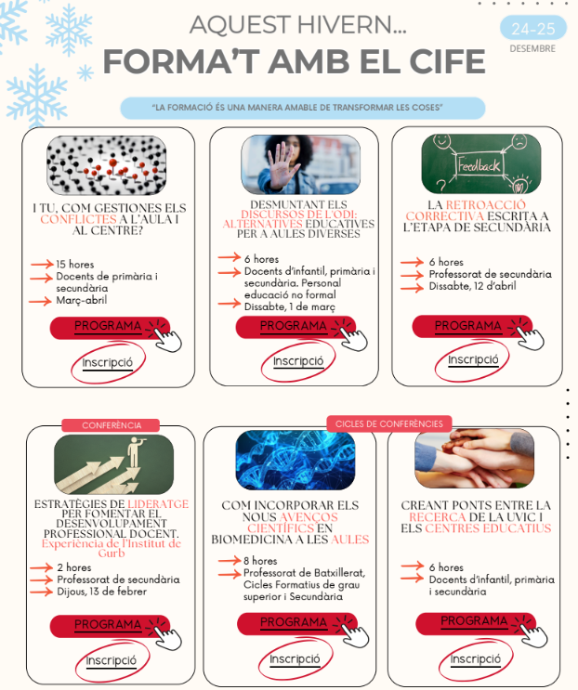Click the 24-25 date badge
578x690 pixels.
click(533, 28)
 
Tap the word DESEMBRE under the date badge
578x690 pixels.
click(532, 48)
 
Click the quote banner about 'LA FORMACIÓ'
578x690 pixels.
click(302, 109)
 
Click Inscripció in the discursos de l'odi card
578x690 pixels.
click(298, 361)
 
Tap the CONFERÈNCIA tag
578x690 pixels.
click(112, 425)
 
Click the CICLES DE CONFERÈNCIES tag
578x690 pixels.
click(389, 423)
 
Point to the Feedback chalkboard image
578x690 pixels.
click(480, 164)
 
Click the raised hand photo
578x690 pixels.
click(300, 164)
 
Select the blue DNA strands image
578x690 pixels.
click(296, 461)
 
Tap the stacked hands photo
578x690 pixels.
click(474, 459)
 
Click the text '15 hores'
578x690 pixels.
click(75, 265)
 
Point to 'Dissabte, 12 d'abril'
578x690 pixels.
click(472, 286)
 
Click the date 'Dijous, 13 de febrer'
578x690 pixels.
click(102, 592)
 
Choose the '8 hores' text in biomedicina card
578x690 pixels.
click(260, 561)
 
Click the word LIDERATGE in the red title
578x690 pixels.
click(158, 504)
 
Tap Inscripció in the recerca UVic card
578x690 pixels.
click(475, 659)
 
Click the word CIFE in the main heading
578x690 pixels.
click(447, 61)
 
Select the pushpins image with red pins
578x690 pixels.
click(107, 165)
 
